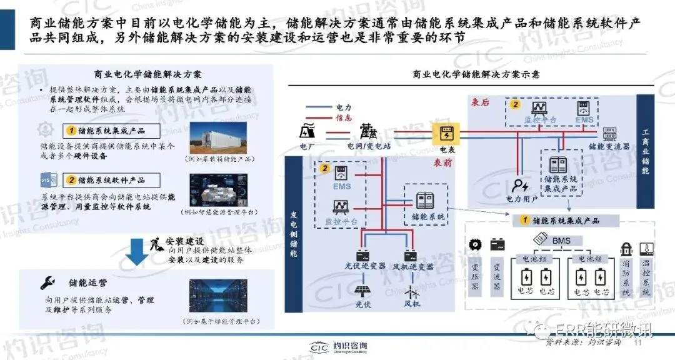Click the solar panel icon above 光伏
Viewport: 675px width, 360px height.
point(363,291)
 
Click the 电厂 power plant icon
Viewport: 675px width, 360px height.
point(307,132)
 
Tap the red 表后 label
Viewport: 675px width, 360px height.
point(480,102)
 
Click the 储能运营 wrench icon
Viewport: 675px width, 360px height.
point(46,282)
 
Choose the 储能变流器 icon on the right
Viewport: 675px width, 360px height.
point(608,132)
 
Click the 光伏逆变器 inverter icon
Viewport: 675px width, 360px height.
point(362,256)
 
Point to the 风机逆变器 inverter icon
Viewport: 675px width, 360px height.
point(411,256)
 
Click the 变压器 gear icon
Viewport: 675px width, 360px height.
point(479,244)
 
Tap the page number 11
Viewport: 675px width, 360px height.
point(638,342)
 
